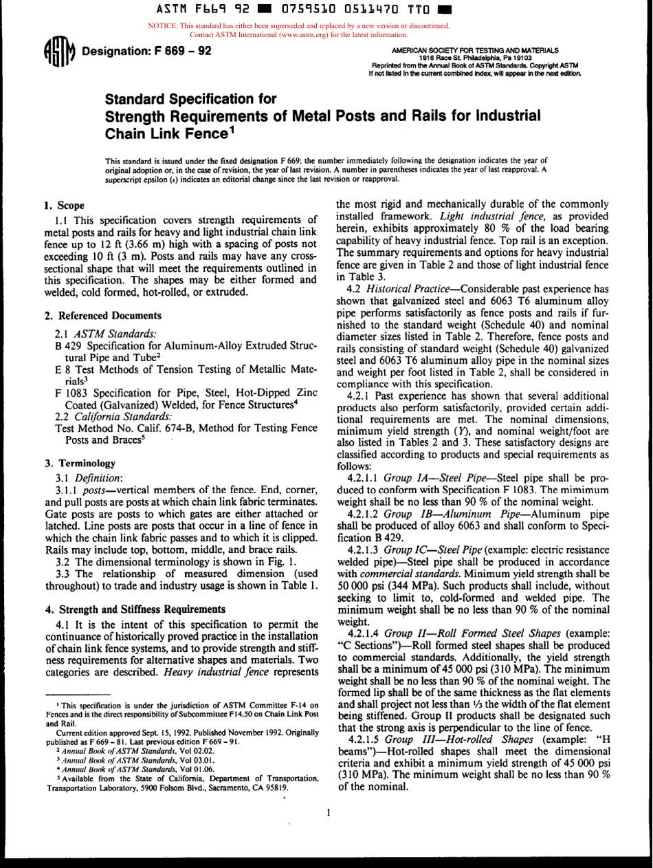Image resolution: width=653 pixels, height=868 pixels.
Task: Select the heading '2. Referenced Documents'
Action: pos(103,316)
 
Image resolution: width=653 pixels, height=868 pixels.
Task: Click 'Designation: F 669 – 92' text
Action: pos(146,52)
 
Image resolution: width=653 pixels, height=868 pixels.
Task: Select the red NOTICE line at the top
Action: pos(298,26)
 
